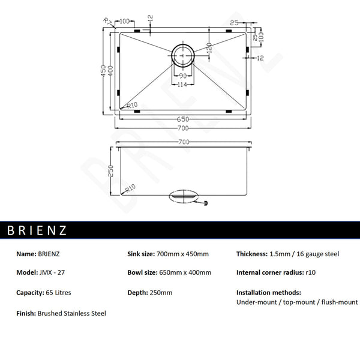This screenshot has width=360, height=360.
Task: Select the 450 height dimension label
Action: pos(103,70)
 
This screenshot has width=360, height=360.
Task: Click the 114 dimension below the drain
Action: pos(182,84)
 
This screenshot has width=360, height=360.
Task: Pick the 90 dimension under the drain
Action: pos(182,76)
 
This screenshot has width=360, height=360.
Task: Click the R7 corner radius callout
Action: pos(107,22)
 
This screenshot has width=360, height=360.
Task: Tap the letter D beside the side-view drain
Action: pos(206,204)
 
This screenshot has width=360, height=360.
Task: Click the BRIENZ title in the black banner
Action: pos(37,230)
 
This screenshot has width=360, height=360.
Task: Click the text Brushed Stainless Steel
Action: pos(71,313)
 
